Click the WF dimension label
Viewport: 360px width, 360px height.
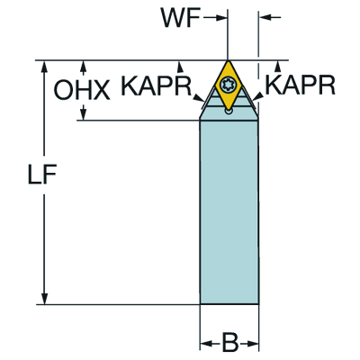181,18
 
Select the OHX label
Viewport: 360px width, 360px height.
82,90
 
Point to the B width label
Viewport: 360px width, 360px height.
229,342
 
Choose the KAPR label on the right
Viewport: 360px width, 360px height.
300,85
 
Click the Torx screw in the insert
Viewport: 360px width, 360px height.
228,85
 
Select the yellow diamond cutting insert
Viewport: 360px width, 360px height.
228,85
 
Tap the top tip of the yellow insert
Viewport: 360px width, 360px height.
228,61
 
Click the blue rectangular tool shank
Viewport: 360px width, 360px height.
229,212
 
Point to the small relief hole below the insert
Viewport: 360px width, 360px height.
229,112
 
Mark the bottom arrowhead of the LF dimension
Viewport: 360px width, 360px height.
44,299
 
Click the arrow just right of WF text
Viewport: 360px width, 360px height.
215,18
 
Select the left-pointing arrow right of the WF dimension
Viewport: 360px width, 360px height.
270,18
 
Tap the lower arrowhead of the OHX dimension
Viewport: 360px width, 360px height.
84,112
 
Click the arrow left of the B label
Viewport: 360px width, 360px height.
211,343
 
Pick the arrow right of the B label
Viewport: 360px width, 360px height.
248,343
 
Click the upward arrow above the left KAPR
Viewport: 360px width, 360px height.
180,67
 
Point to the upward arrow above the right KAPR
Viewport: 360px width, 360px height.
278,67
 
